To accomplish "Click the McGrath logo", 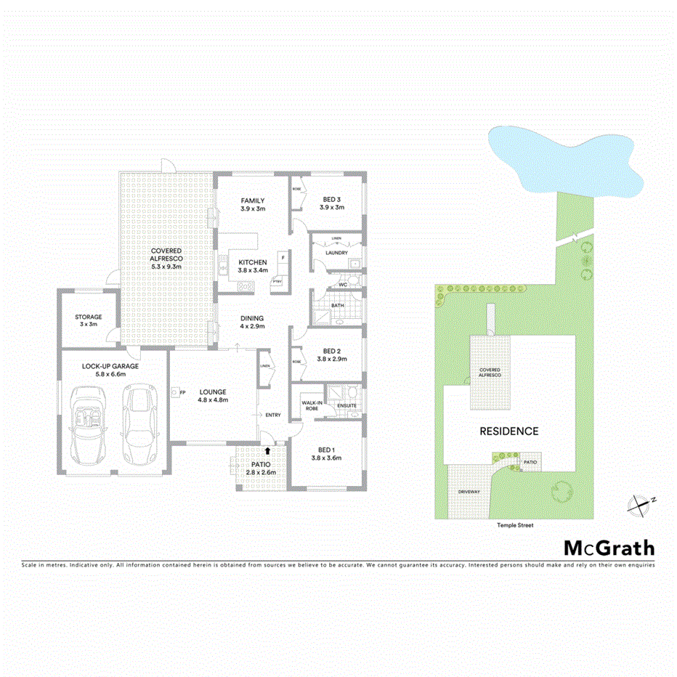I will pos(609,548).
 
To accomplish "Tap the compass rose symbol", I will pos(639,503).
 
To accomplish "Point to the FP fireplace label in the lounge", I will pos(182,392).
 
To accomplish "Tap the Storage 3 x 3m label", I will pos(88,320).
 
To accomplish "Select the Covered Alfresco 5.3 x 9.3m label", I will pos(166,259).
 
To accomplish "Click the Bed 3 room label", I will pos(331,203).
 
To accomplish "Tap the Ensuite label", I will pos(346,405).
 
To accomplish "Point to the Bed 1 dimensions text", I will pos(326,458).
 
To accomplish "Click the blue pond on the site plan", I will pos(564,158).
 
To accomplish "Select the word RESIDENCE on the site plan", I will pos(508,431).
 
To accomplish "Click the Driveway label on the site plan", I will pos(469,492).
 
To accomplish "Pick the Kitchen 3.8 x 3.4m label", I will pos(252,266).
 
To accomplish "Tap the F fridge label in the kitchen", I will pos(282,258).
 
